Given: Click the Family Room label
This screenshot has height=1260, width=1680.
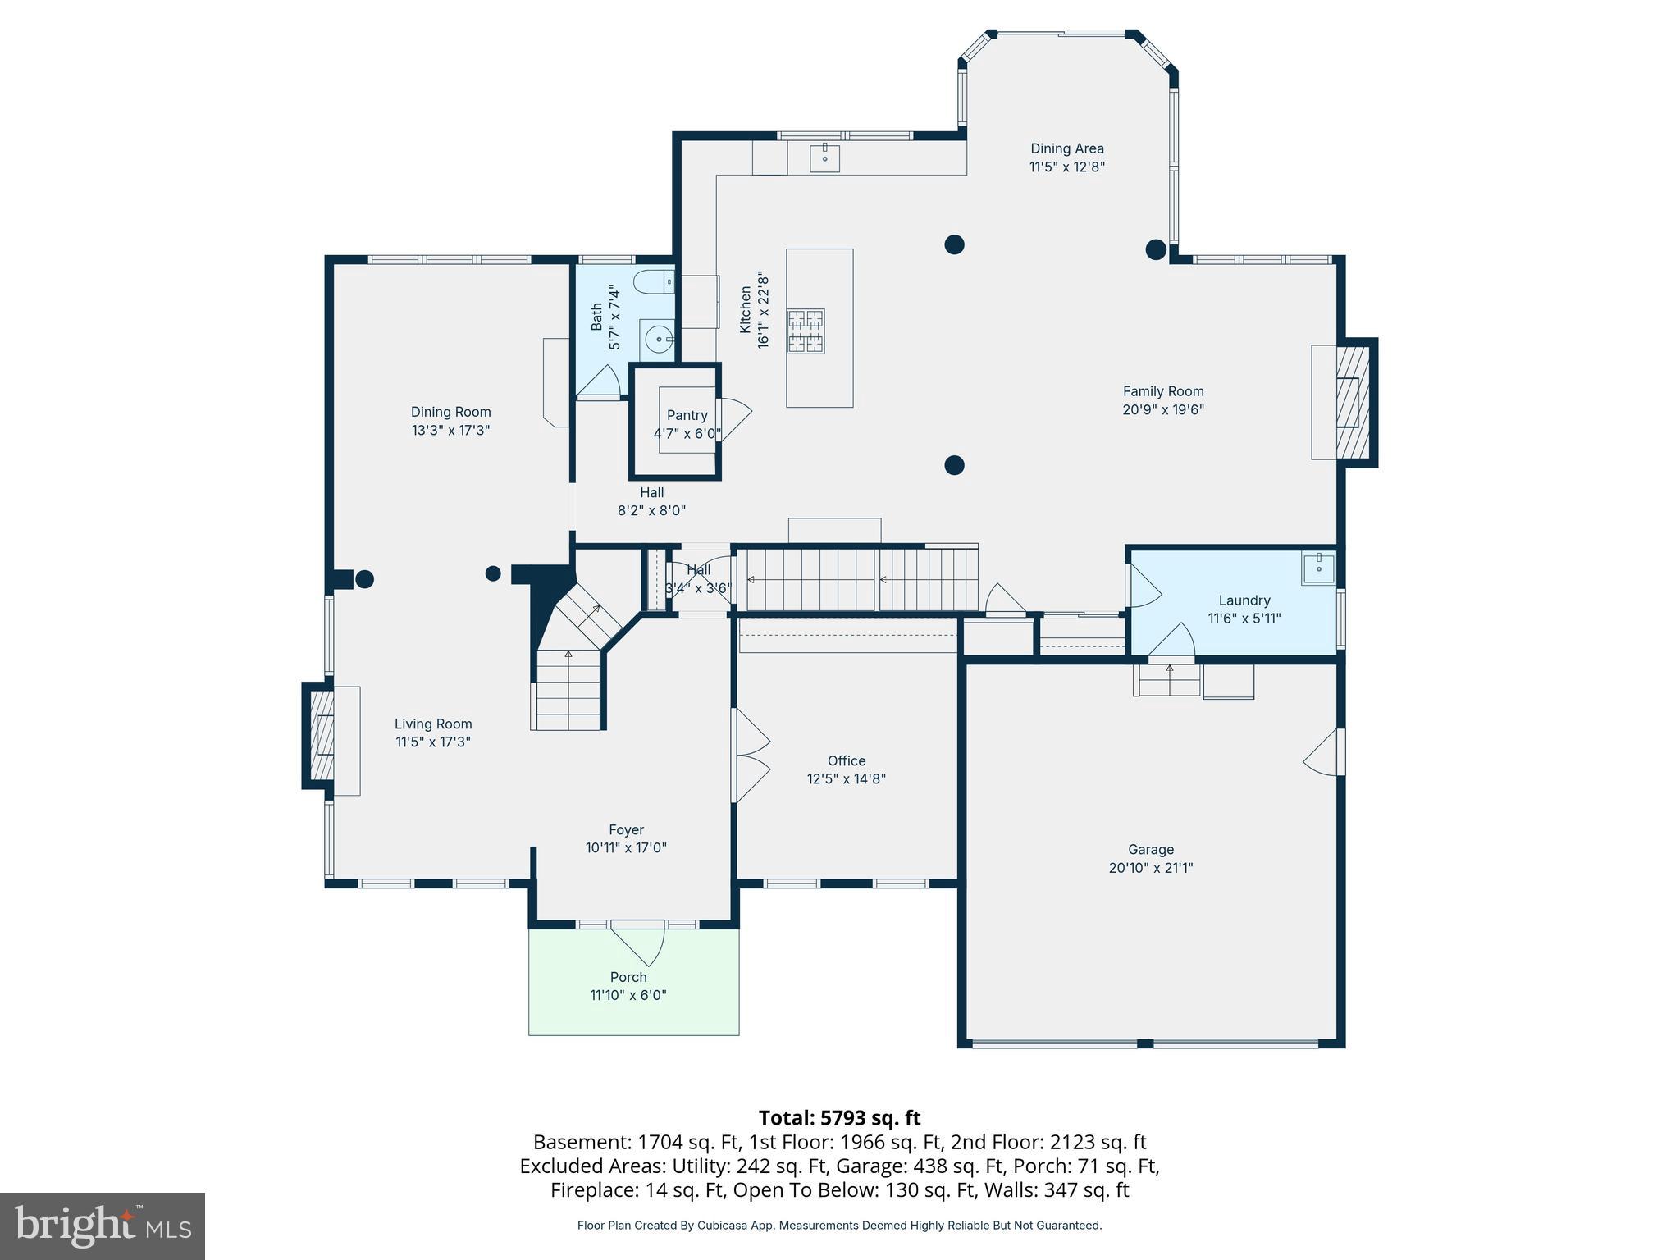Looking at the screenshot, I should [1162, 391].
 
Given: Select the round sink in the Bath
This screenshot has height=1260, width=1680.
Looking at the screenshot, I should [657, 337].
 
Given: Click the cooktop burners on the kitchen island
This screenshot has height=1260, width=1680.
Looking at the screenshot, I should [806, 331].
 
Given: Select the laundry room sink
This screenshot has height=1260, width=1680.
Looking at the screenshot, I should [1317, 568].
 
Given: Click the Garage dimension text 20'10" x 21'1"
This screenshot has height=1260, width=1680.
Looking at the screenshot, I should [1150, 868].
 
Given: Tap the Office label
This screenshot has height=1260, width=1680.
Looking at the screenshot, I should [846, 760].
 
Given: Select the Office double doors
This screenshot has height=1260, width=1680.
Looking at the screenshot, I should [751, 756].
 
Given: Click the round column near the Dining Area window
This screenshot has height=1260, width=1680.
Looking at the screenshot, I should [1155, 249].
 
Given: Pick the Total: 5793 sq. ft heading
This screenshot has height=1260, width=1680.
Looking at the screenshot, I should [839, 1118].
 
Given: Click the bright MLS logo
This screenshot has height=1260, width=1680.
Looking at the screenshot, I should [102, 1226].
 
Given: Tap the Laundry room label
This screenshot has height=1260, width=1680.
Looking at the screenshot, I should [1244, 600].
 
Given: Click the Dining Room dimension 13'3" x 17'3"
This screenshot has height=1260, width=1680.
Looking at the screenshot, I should [450, 430].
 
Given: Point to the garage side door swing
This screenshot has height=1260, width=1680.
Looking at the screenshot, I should [1322, 752].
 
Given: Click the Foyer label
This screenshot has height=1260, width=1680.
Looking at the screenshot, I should [626, 830].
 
